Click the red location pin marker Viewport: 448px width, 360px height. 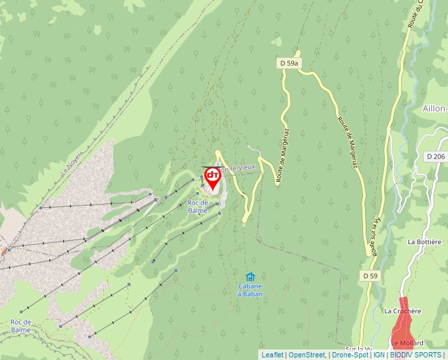[x=212, y=178]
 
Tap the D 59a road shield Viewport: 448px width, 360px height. [x=289, y=63]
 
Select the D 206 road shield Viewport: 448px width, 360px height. [x=436, y=157]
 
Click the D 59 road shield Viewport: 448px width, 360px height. [x=369, y=274]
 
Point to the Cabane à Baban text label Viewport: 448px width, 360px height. [x=250, y=290]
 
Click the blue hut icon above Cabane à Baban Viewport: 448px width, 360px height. [x=250, y=277]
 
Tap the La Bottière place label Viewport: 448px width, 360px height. [x=423, y=242]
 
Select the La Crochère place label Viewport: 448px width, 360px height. [x=402, y=311]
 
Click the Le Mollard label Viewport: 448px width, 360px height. [x=406, y=343]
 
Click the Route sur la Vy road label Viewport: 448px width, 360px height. [x=376, y=236]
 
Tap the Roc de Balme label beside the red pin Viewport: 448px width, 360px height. [x=198, y=207]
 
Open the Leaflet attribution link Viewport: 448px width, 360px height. [x=272, y=355]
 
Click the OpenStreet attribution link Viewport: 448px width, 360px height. [x=307, y=355]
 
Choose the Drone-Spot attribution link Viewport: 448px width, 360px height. [x=350, y=355]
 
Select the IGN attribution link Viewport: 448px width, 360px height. [x=379, y=355]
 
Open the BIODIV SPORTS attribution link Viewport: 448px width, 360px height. [x=416, y=355]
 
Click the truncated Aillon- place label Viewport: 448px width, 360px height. [x=435, y=109]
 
